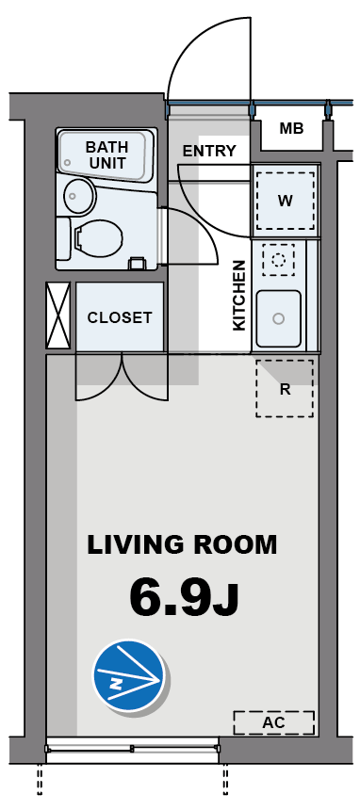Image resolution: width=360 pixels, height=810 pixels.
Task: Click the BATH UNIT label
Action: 106,154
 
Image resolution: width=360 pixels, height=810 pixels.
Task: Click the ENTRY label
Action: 209,151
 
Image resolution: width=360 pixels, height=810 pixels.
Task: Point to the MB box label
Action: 291,129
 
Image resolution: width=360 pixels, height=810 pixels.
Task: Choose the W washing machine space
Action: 286,201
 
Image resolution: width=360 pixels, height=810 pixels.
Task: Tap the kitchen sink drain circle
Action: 279,318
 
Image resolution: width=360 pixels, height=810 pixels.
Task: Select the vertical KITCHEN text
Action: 239,295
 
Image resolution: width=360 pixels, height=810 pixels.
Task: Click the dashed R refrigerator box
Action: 285,388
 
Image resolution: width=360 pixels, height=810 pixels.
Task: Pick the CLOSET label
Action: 120,317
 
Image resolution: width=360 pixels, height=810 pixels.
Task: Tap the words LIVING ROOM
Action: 182,544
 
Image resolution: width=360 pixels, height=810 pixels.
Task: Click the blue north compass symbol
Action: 129,675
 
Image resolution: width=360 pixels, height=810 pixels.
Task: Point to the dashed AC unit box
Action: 273,722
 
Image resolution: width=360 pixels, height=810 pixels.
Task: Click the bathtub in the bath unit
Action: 104,154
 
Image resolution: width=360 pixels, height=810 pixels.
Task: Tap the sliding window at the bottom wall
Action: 133,749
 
